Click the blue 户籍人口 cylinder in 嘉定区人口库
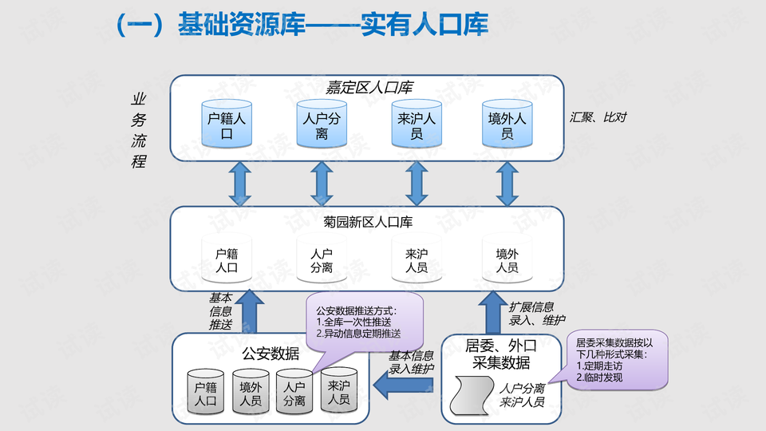tap(227, 125)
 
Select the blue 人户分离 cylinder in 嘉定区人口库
tap(322, 125)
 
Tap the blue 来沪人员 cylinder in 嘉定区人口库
tap(416, 125)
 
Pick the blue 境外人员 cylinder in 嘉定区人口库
tap(507, 125)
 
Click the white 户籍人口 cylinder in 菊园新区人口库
tap(227, 259)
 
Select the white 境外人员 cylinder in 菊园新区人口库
tap(507, 259)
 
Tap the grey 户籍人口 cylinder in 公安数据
tap(206, 393)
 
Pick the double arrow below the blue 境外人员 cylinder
tap(507, 183)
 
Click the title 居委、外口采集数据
tap(501, 354)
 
